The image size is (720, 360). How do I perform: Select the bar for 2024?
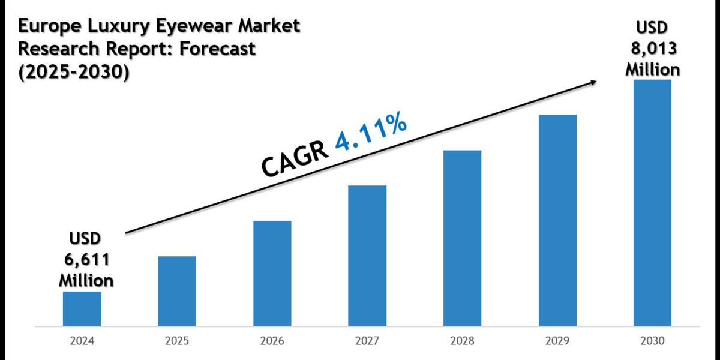pyautogui.click(x=82, y=309)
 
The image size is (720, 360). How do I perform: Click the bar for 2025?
pyautogui.click(x=177, y=292)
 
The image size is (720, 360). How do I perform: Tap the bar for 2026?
pyautogui.click(x=272, y=274)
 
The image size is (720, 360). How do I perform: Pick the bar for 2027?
pyautogui.click(x=367, y=256)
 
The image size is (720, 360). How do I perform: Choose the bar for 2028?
pyautogui.click(x=463, y=238)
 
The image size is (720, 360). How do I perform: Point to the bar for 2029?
pyautogui.click(x=557, y=221)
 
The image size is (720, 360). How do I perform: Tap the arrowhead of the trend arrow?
pyautogui.click(x=594, y=83)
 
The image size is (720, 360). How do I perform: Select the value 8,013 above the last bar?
pyautogui.click(x=653, y=49)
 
